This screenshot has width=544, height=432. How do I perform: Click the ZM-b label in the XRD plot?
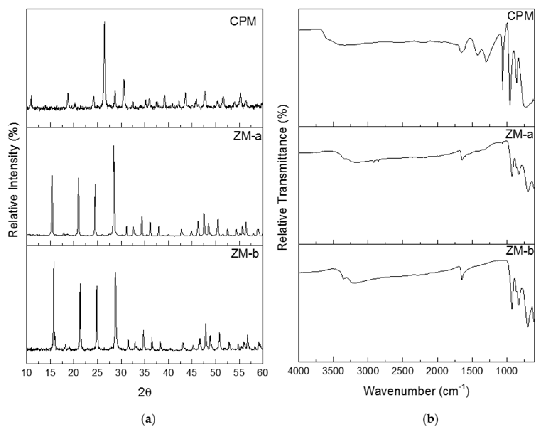coord(245,254)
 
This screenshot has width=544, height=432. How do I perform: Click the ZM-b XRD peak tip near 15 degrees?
coord(54,262)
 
